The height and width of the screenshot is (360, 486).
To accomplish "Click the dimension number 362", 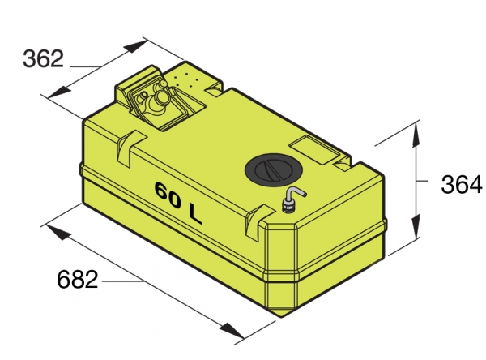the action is coord(43,58).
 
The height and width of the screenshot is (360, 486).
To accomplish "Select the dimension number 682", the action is coord(77,279).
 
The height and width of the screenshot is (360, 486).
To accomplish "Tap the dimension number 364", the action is coord(462,184).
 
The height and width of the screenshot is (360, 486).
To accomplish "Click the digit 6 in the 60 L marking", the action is coord(163,191).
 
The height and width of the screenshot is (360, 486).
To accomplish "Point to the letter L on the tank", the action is coord(194,214).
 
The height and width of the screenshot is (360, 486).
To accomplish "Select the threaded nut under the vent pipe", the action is coord(288,207).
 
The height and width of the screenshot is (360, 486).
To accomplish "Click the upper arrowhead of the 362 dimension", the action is coord(134,46).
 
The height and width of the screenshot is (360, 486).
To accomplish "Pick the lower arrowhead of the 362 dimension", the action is coord(60,92).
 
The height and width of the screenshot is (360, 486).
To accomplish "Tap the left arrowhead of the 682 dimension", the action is coord(57,232).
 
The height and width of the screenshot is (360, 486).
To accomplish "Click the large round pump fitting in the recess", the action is coord(158,101).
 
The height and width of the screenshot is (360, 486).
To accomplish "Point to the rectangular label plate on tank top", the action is coord(314,150).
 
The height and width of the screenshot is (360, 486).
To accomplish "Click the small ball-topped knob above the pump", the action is coord(163,84).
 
